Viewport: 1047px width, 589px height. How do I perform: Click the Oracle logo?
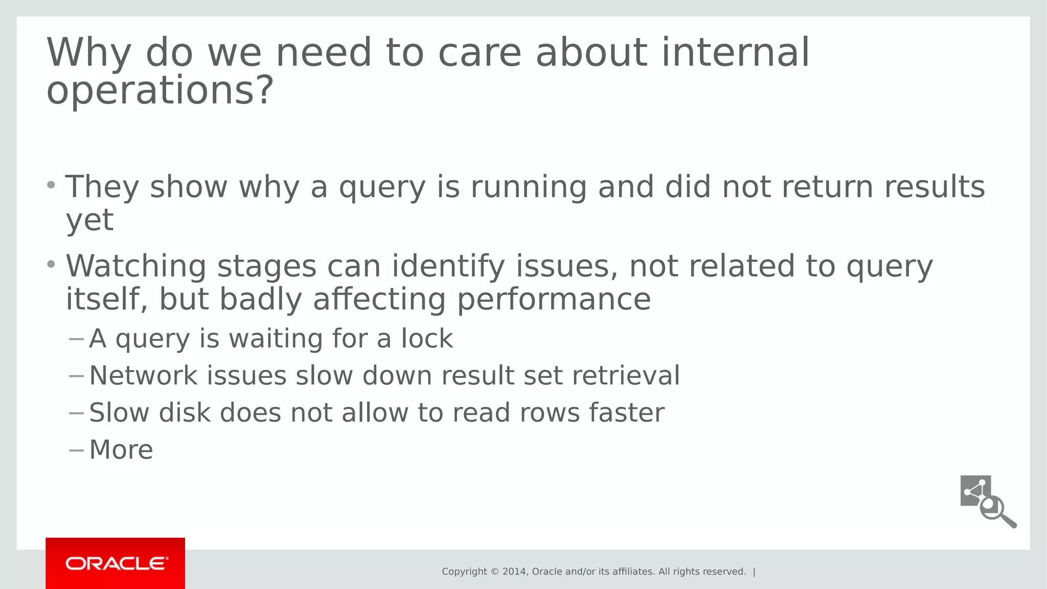click(116, 563)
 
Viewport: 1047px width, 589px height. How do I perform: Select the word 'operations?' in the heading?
click(160, 91)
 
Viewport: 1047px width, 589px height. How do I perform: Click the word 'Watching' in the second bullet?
click(135, 266)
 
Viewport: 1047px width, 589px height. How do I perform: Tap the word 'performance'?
click(554, 300)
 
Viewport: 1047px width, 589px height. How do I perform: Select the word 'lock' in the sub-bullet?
click(427, 338)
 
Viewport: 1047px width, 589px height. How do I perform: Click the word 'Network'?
click(143, 376)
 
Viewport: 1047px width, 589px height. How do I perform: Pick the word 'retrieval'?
click(626, 376)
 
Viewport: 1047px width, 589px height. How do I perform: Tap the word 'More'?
click(121, 450)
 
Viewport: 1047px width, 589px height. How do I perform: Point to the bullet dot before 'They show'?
click(51, 185)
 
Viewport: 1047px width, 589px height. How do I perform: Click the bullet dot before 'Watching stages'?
click(51, 264)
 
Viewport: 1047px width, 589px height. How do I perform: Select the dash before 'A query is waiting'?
click(76, 338)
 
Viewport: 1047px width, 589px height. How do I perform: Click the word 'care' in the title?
click(480, 53)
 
